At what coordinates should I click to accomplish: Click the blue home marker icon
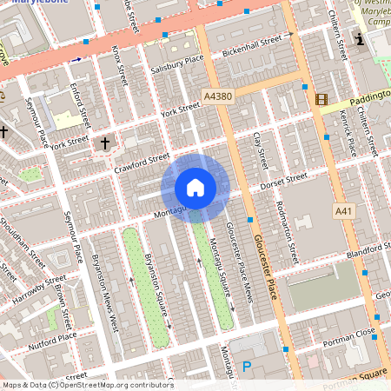[195, 188]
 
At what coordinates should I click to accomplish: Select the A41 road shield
[344, 211]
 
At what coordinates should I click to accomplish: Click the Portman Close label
[353, 332]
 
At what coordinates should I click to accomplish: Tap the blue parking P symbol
[247, 368]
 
